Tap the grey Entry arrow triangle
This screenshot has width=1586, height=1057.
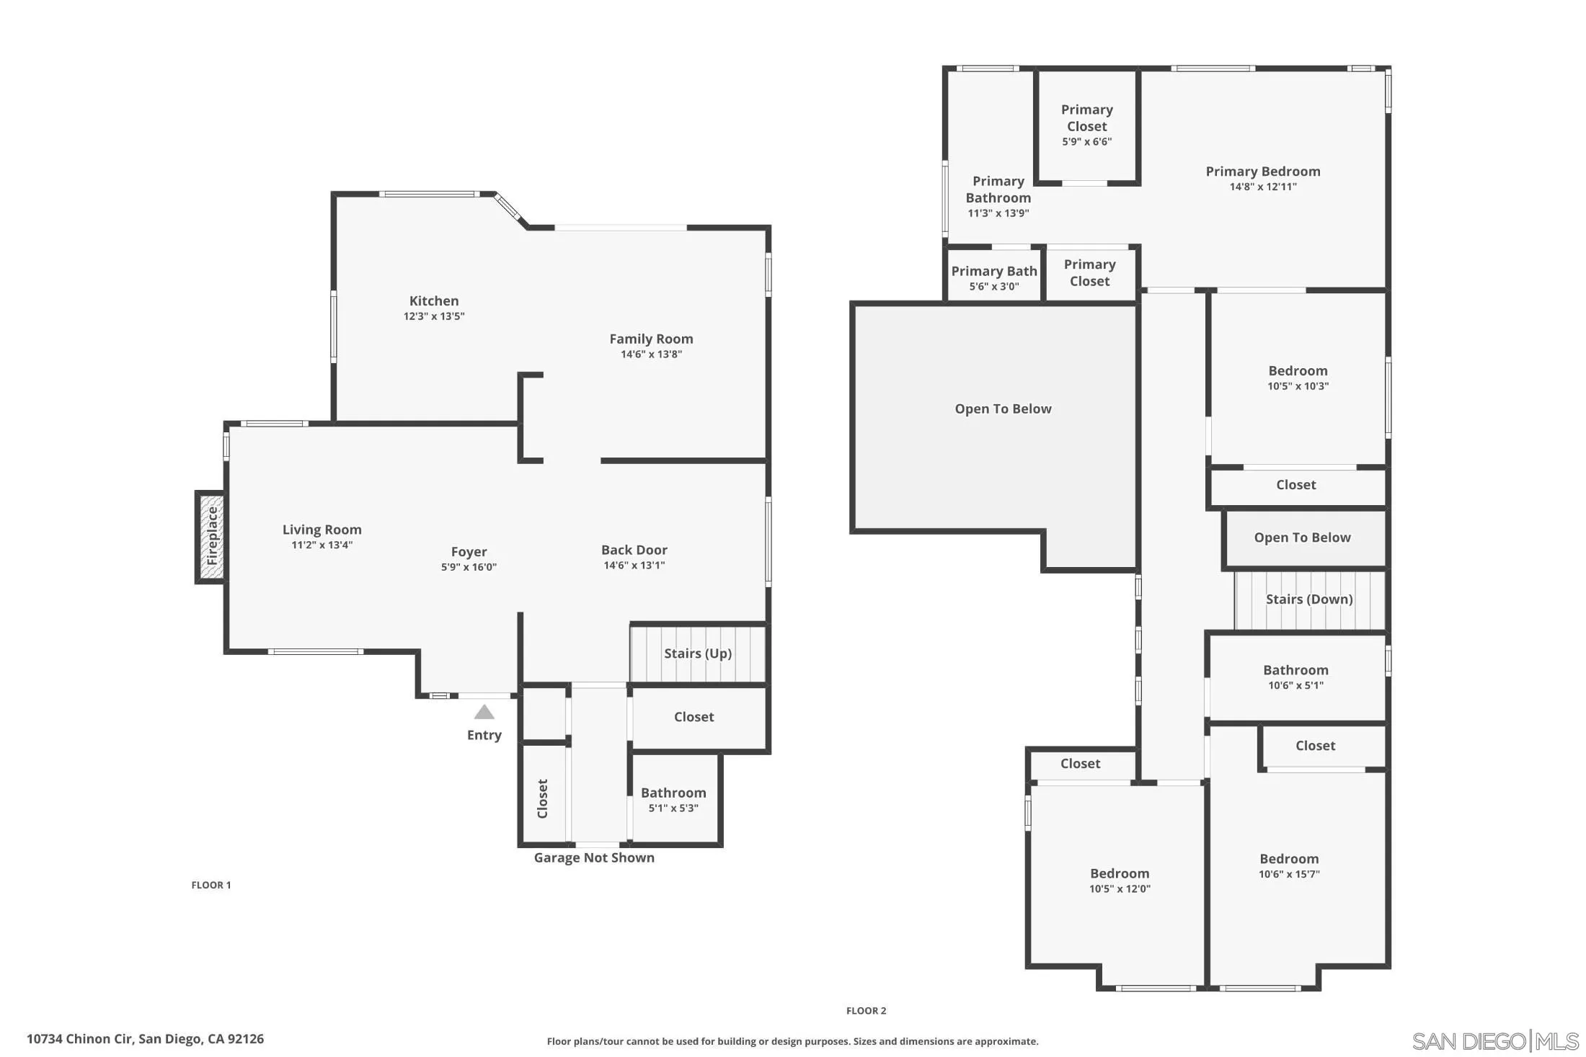484,713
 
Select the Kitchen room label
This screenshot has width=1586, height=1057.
434,301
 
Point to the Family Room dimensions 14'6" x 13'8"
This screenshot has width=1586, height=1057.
651,354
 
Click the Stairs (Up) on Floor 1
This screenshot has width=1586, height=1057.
697,654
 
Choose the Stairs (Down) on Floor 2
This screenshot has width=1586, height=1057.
1308,599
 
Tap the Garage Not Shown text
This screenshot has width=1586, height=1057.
594,857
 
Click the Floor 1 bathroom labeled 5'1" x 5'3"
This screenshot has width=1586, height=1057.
673,800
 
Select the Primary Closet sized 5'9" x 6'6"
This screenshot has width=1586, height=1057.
1086,125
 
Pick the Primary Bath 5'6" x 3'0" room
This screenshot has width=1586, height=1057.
993,277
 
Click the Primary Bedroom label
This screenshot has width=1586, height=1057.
1263,171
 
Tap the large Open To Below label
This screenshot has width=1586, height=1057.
1003,409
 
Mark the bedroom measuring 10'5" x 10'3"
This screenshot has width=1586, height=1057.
1298,378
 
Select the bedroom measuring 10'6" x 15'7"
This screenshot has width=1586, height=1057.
1289,866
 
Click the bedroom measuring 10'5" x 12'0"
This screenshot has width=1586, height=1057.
1120,880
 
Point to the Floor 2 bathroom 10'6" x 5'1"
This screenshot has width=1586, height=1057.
1295,677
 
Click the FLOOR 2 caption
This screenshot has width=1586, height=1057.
866,1011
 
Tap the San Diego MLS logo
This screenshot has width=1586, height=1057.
1494,1041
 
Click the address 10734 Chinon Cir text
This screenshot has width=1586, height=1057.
145,1039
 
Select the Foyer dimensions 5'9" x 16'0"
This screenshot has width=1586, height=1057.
469,567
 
